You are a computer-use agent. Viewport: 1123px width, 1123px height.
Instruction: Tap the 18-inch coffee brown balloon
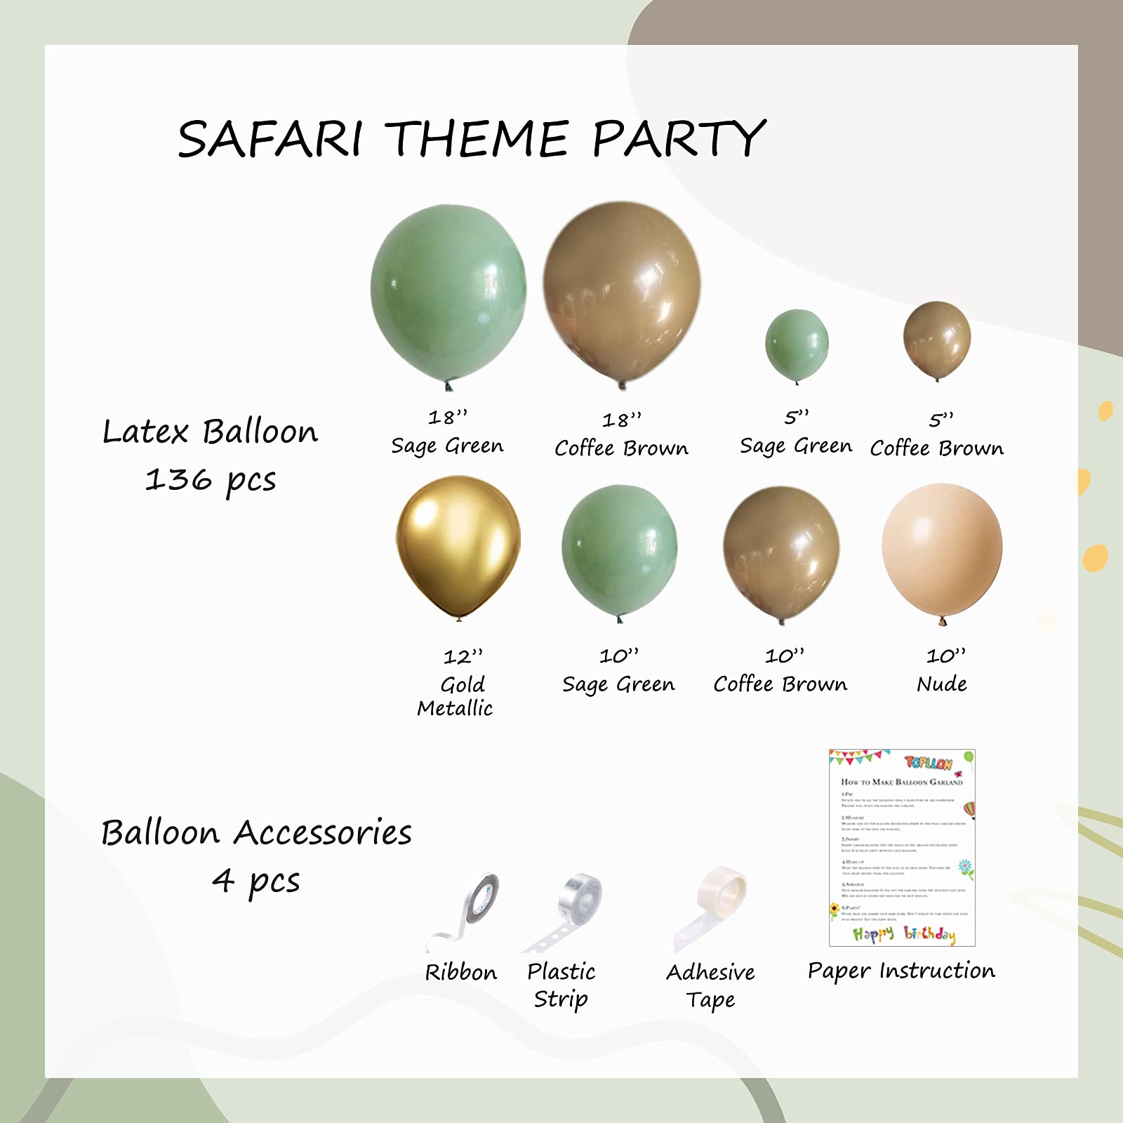(622, 291)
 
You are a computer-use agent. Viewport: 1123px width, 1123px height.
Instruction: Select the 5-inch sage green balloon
(797, 345)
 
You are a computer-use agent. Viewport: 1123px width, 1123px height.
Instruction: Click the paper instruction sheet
(902, 848)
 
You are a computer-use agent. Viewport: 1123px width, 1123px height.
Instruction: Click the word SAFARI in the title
(270, 138)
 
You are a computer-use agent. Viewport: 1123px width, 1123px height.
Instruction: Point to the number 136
(178, 480)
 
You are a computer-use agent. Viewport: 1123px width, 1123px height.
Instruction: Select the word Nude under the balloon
(942, 684)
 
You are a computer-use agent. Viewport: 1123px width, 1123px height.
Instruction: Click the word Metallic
(455, 708)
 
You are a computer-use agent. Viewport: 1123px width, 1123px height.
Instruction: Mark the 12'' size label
(463, 657)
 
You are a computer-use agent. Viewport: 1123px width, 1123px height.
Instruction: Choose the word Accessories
(323, 833)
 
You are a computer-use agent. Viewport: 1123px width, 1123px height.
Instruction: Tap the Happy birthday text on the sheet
(904, 933)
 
